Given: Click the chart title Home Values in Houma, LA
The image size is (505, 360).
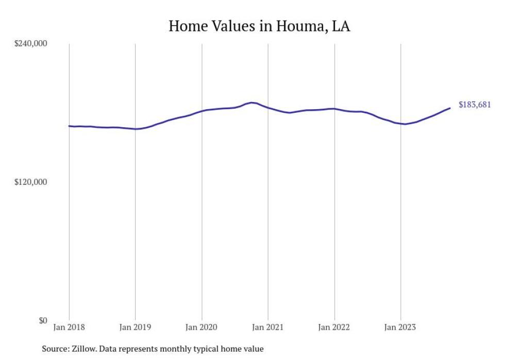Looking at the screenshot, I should point(259,26).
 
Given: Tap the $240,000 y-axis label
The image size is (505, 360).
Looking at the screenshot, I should point(30,44).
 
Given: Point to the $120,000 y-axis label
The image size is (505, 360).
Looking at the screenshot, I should point(30,182).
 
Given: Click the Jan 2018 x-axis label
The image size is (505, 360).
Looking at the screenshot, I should point(69,327).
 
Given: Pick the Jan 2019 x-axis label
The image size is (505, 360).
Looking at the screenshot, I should point(135,327).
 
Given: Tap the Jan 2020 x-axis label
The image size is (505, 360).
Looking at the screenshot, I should point(201,327).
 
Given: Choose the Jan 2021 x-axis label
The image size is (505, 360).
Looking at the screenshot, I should point(268,327).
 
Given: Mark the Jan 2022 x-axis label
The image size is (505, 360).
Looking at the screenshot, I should point(334,327).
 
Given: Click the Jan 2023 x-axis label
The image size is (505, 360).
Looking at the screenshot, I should point(400,327).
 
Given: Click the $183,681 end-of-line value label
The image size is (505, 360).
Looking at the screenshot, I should point(474,105).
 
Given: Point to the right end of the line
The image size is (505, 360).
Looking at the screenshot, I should point(450,108).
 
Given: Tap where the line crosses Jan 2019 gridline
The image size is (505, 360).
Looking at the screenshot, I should point(135,129).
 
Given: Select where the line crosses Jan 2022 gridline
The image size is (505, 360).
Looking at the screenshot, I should point(334,109).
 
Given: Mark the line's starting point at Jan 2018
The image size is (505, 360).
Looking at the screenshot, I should point(69,126).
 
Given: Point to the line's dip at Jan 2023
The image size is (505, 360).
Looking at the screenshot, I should point(405,124).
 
